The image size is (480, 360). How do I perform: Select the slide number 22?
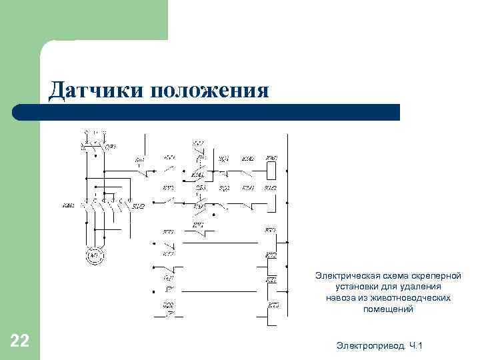[20, 342]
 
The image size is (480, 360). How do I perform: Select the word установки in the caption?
[357, 287]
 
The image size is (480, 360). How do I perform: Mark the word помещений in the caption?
[389, 309]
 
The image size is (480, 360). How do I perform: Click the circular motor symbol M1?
[94, 255]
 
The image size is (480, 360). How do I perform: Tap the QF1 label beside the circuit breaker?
[111, 145]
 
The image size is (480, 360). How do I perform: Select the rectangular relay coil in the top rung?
[271, 171]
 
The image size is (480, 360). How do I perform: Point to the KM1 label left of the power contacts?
[67, 205]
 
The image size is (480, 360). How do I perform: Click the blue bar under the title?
[220, 112]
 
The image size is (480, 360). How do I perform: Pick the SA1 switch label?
[139, 160]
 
